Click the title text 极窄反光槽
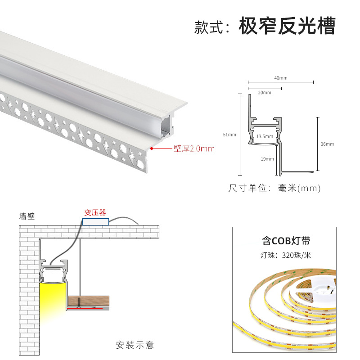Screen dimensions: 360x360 pyautogui.click(x=287, y=26)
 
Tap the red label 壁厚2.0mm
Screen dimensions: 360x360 pyautogui.click(x=194, y=148)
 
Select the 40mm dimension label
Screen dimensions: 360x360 pyautogui.click(x=280, y=78)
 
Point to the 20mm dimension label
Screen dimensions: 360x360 pyautogui.click(x=265, y=93)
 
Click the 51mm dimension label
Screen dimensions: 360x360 pyautogui.click(x=229, y=135)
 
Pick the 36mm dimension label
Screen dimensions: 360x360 pyautogui.click(x=327, y=144)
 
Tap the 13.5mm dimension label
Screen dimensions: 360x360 pyautogui.click(x=265, y=136)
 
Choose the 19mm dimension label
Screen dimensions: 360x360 pyautogui.click(x=266, y=158)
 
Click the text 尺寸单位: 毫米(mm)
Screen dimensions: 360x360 pyautogui.click(x=274, y=188)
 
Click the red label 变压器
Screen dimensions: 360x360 pyautogui.click(x=95, y=212)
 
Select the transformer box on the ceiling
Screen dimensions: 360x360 pyautogui.click(x=95, y=221)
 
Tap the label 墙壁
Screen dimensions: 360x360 pyautogui.click(x=27, y=216)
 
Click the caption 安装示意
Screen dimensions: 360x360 pyautogui.click(x=135, y=345)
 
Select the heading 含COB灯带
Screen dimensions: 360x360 pyautogui.click(x=286, y=241)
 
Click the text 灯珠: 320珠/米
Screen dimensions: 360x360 pyautogui.click(x=285, y=255)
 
